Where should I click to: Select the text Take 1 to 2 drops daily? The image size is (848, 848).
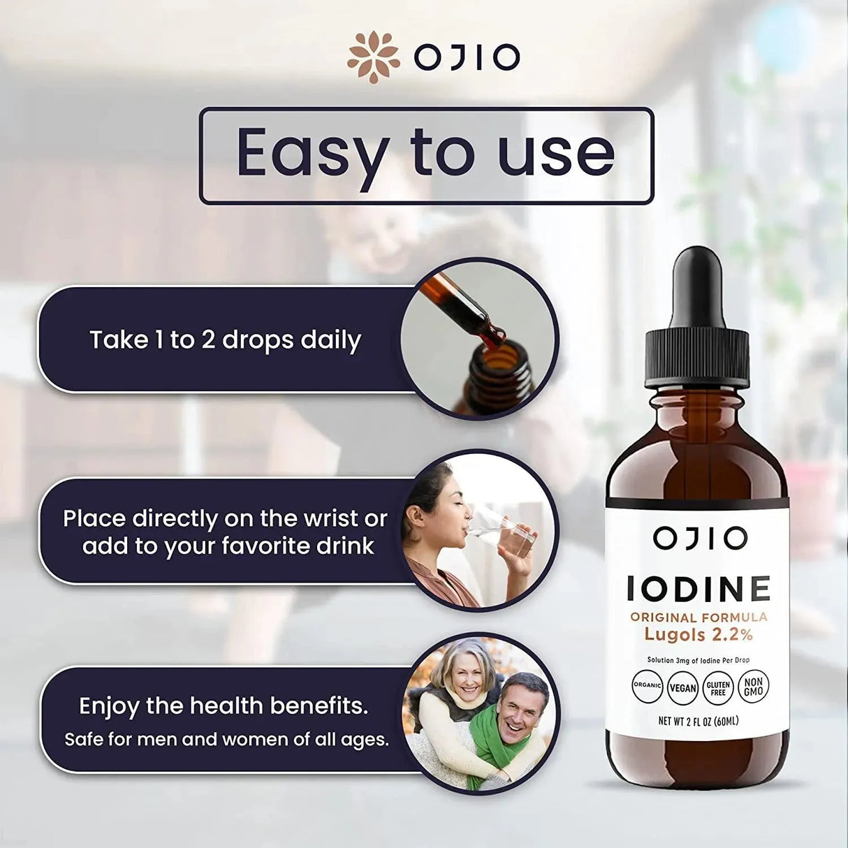tap(225, 340)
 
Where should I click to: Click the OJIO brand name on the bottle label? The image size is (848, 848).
tap(690, 539)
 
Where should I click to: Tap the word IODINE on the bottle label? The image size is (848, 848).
tap(698, 590)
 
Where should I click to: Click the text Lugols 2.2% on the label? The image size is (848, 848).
tap(698, 635)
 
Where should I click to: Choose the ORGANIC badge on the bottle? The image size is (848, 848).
tap(647, 686)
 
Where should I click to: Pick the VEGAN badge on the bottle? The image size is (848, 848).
tap(682, 687)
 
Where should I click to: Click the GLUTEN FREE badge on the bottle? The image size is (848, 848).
tap(717, 688)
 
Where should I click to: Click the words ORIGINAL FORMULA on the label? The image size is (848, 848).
tap(699, 617)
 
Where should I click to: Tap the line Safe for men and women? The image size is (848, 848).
tap(227, 738)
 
